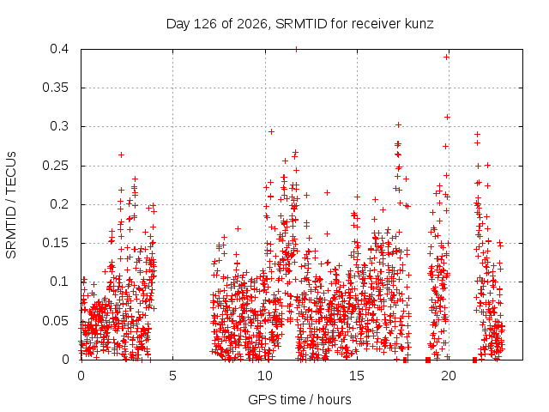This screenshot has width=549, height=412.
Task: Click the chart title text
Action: (299, 24)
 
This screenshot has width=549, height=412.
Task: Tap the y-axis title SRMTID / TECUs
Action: (11, 205)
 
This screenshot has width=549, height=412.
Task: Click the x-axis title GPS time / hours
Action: (299, 399)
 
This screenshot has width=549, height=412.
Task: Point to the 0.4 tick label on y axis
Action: (59, 49)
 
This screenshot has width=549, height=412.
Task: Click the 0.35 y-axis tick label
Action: (55, 88)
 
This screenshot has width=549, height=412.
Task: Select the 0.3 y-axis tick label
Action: (59, 126)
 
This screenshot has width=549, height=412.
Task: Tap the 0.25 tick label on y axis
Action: (55, 166)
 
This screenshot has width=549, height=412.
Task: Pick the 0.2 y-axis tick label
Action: (59, 204)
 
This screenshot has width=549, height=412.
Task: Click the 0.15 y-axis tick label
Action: (55, 243)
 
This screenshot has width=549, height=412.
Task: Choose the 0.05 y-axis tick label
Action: (55, 320)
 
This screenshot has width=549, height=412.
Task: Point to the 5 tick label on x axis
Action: (172, 376)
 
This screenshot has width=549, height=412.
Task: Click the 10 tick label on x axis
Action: (265, 376)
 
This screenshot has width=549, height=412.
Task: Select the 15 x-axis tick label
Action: (357, 376)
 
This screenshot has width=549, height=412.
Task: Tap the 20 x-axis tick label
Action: (449, 376)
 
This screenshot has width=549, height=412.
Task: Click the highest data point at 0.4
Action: (297, 50)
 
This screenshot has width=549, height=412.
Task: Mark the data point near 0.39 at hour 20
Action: (446, 58)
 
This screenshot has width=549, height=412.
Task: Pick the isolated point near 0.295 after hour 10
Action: (271, 131)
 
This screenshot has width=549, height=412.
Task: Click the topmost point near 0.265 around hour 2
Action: (121, 154)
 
